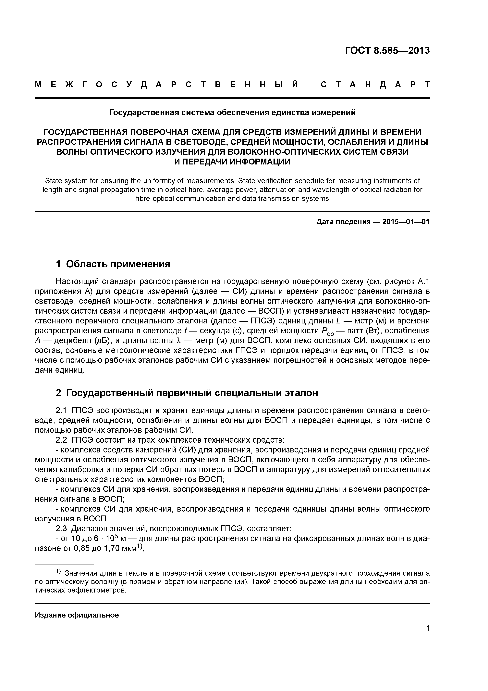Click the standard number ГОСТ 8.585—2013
(x=387, y=51)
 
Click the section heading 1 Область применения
(x=113, y=264)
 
